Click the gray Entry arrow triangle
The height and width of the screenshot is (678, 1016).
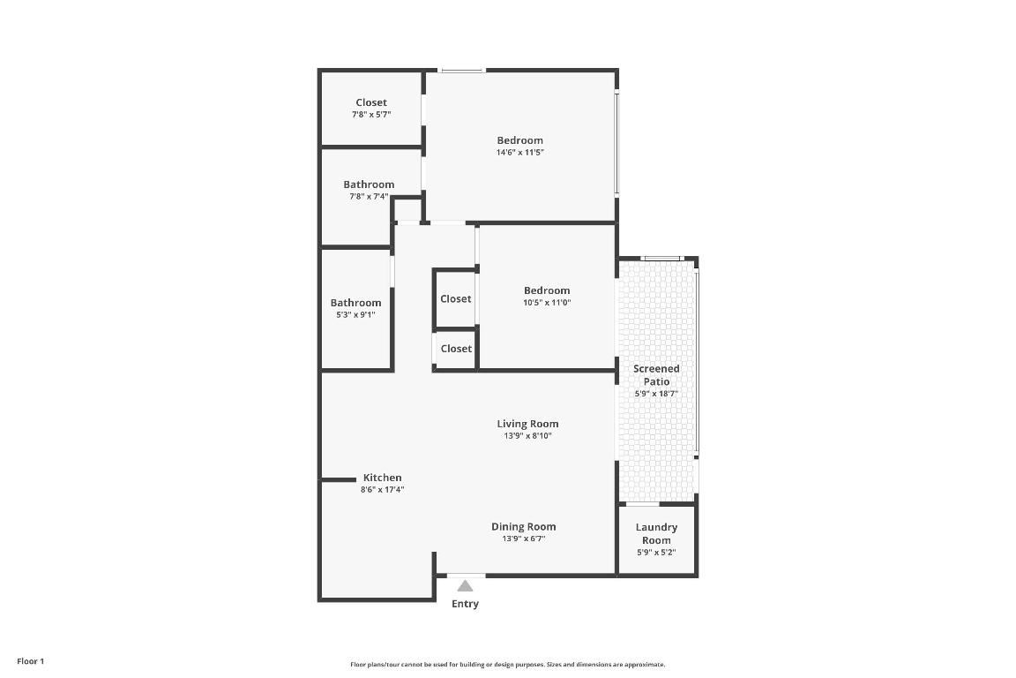[465, 585]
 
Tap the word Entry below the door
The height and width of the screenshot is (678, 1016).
[465, 604]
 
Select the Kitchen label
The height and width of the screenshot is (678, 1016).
[382, 478]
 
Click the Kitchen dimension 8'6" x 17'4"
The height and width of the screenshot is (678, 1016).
[382, 490]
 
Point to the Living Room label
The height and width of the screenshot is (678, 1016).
[527, 424]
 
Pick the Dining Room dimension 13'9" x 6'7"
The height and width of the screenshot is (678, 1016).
[524, 539]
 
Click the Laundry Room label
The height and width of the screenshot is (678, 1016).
[656, 533]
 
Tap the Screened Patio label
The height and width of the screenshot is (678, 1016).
[657, 375]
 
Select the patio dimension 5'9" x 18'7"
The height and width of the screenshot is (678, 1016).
[656, 394]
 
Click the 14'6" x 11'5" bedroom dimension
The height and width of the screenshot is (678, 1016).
[519, 153]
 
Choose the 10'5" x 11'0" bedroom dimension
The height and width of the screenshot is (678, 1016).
[547, 303]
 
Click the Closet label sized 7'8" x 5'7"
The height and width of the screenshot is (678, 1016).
[371, 102]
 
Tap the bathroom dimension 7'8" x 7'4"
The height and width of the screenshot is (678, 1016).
[369, 197]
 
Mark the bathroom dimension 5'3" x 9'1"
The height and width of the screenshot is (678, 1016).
[355, 314]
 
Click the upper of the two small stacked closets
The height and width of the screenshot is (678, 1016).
[456, 299]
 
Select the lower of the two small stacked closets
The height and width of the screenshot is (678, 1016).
[456, 349]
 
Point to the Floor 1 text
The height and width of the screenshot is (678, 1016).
[30, 661]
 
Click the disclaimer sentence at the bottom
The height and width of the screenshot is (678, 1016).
[507, 665]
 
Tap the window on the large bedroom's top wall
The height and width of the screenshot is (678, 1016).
[462, 71]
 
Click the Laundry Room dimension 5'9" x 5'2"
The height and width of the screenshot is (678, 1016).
[656, 553]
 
